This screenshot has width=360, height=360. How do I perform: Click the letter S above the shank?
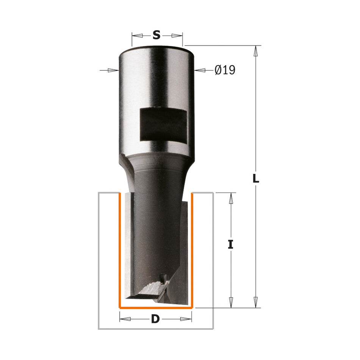point(157,35)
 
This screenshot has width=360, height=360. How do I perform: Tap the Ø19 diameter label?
point(225,70)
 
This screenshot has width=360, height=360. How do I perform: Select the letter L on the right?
point(256,179)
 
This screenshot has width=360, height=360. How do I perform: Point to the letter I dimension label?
point(230,245)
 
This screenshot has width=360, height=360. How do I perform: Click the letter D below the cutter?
point(155,319)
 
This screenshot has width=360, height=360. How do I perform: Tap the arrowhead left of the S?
point(138,35)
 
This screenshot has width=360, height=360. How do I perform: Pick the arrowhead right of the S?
point(177,35)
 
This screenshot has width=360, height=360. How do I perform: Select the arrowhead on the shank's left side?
point(113,70)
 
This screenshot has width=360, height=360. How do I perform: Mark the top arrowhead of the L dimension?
point(256,51)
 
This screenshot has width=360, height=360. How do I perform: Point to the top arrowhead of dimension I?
point(230,198)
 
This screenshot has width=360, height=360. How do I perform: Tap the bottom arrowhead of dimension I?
point(230,302)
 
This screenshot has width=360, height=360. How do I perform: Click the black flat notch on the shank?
point(163,124)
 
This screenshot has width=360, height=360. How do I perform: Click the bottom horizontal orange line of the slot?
point(155,308)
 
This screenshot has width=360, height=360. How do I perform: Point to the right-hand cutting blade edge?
point(183,250)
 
